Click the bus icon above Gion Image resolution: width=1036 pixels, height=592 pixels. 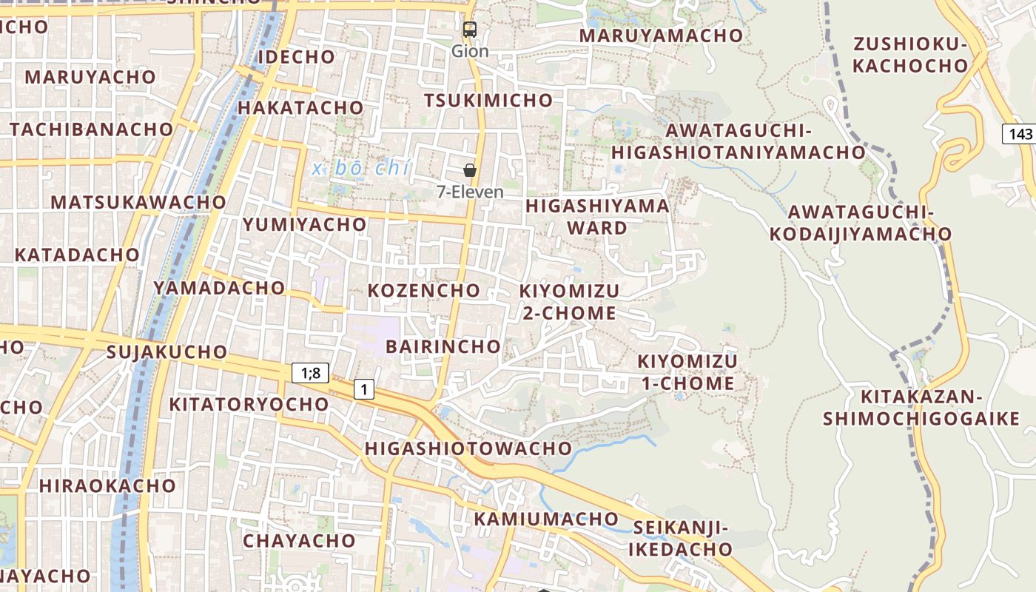tap(470, 30)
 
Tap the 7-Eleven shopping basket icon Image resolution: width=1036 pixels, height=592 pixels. tap(470, 170)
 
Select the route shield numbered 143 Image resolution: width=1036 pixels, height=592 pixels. tap(1020, 134)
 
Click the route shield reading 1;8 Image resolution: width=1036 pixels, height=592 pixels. tap(311, 373)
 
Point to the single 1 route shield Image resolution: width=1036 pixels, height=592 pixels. tap(363, 388)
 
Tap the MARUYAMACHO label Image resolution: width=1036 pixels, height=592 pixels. tap(661, 36)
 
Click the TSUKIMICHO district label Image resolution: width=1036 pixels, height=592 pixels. tap(488, 100)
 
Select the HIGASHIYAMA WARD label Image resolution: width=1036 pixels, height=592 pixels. tap(597, 216)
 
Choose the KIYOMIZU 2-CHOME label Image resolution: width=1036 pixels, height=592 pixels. tap(569, 301)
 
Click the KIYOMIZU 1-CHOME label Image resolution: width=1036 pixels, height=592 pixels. tap(687, 372)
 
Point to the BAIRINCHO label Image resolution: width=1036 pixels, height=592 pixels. tap(443, 346)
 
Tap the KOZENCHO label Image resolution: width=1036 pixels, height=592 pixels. tap(424, 290)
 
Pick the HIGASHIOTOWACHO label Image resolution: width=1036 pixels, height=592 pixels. tap(468, 448)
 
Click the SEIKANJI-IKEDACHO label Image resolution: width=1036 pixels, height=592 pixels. tap(681, 539)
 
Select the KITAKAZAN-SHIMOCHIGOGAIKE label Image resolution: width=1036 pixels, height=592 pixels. tap(921, 408)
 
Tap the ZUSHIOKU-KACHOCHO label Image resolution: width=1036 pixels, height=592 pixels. tap(910, 55)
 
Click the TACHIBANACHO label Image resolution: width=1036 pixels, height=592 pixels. tap(91, 129)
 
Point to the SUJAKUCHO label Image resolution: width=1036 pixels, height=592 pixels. tap(166, 351)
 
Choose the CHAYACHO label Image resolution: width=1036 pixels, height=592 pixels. tap(299, 540)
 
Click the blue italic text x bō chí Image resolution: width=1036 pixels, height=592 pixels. tap(360, 169)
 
